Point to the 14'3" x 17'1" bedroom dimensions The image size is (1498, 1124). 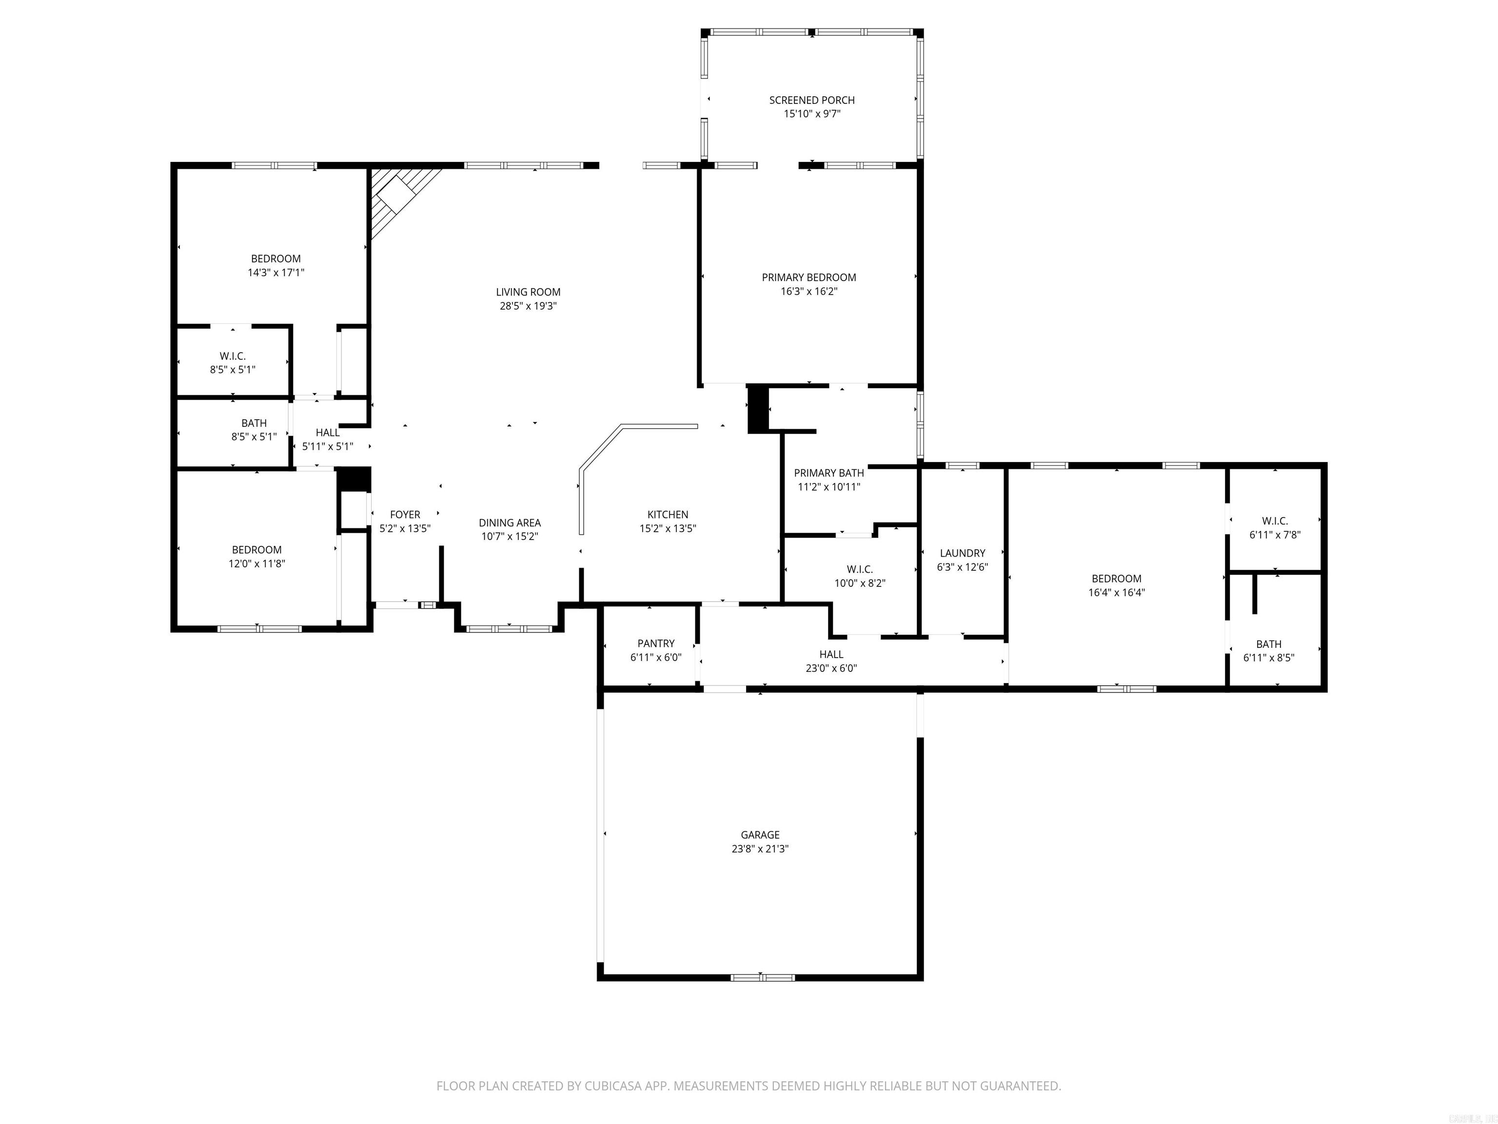coord(276,272)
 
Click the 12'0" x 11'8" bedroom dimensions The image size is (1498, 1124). coord(256,563)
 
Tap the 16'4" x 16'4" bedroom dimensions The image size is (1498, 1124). coord(1116,592)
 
